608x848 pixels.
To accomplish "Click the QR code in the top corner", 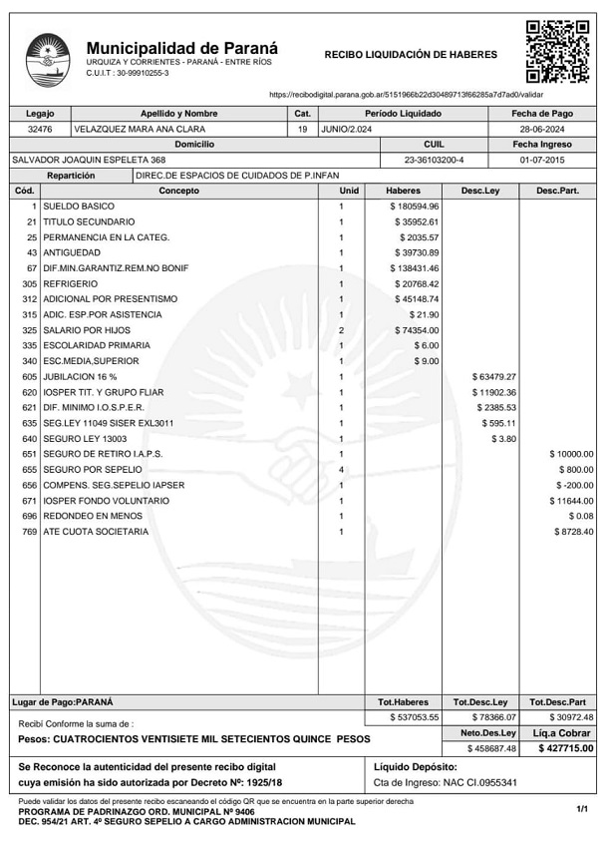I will [557, 50].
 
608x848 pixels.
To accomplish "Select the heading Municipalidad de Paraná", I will [182, 47].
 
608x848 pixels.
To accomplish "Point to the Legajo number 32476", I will [40, 130].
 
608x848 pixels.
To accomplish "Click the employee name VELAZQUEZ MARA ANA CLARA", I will [141, 130].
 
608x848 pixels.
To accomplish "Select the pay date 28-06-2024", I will [542, 130].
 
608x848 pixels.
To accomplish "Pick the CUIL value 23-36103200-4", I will [434, 160].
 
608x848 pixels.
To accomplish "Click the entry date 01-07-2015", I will [542, 160].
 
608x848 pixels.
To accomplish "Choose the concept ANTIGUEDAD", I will [72, 252].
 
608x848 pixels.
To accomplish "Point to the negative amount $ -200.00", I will [574, 485].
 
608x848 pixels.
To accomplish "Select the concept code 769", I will [29, 532].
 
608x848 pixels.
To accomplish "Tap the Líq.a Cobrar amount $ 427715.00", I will [565, 748].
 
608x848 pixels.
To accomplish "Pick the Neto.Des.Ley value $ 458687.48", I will [491, 748].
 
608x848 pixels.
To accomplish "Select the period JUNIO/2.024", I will [347, 130].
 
